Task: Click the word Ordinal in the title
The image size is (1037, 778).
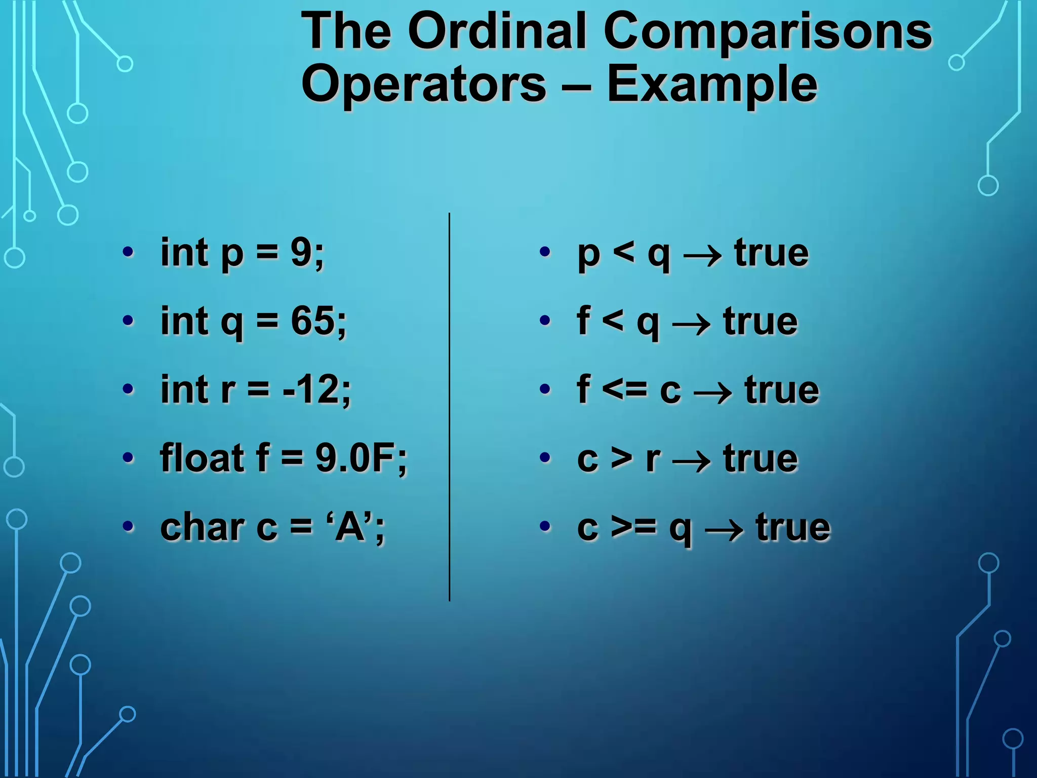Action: click(x=499, y=31)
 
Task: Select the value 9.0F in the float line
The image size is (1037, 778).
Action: click(x=356, y=458)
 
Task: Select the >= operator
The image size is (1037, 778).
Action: click(x=633, y=528)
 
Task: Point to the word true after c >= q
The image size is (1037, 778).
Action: click(x=793, y=528)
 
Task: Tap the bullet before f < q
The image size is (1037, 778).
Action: click(x=545, y=321)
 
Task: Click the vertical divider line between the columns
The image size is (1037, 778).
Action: click(x=449, y=405)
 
